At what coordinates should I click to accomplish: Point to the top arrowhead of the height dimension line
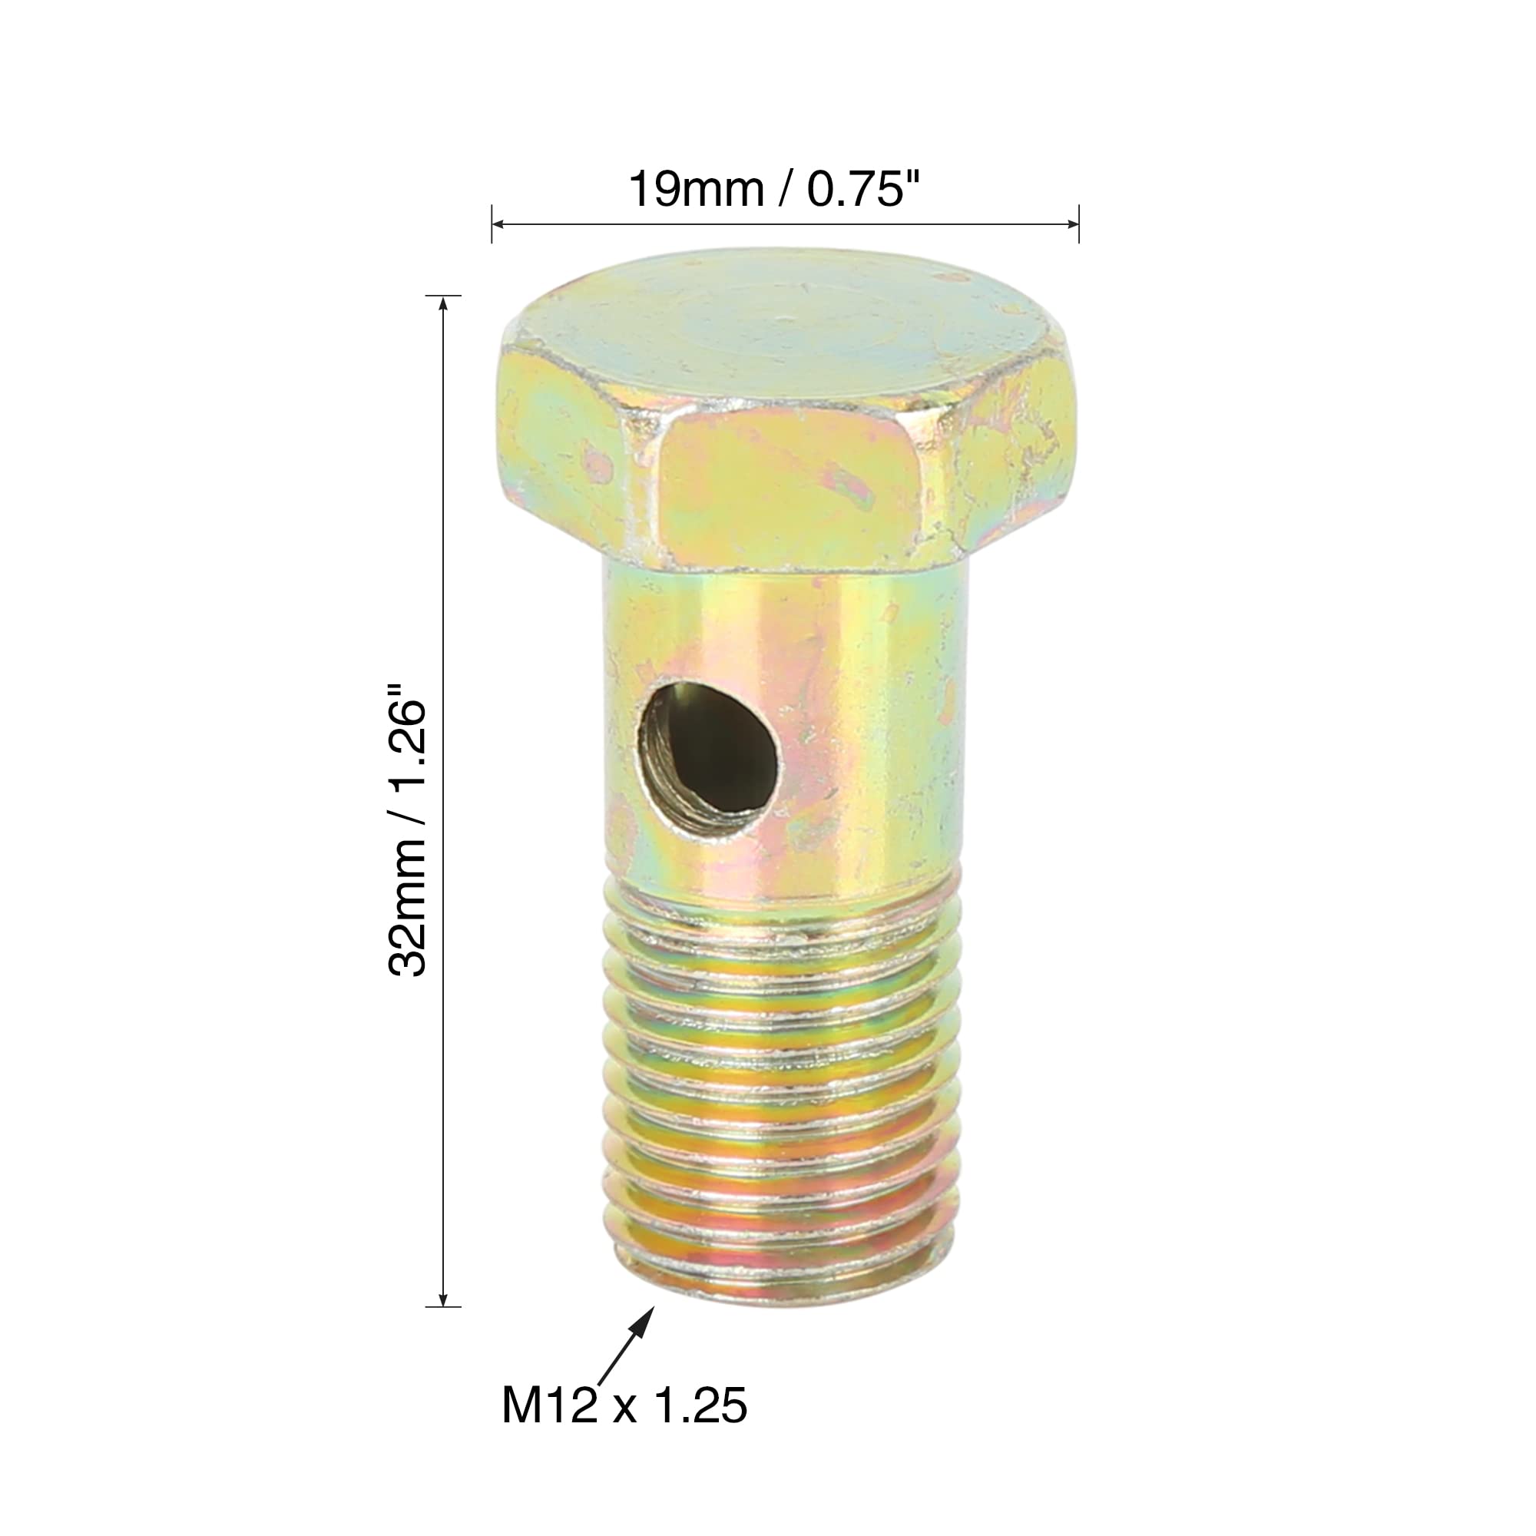tap(443, 303)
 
